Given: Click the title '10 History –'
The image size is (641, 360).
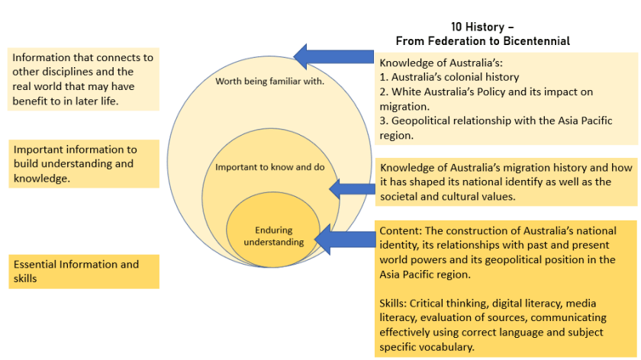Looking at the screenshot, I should coord(482,27).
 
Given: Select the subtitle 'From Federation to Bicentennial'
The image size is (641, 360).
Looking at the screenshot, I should coord(482,40).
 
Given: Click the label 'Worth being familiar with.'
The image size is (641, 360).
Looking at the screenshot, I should coord(270,81).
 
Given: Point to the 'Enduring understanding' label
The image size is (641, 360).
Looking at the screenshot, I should coord(273,236).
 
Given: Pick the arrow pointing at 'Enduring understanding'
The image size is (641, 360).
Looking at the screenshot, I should coord(343,239).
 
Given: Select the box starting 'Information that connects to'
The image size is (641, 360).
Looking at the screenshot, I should coord(83,79).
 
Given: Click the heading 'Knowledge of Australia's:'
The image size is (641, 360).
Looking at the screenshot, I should coord(440,63).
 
